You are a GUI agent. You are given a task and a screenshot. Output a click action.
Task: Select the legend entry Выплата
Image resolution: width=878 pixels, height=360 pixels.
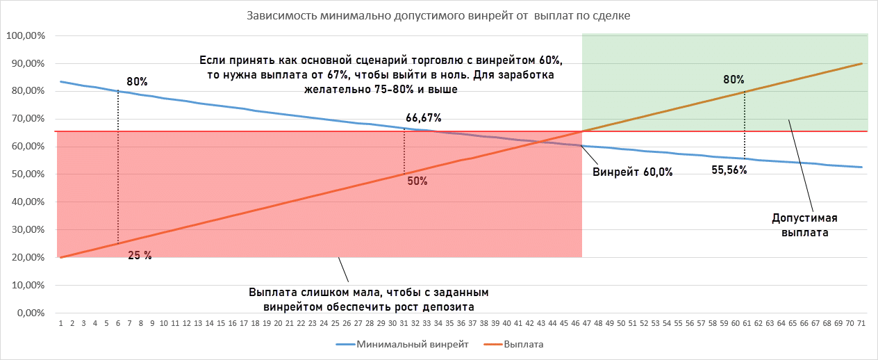(x=522, y=344)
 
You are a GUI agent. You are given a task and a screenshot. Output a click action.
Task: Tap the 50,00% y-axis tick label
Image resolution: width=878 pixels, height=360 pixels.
(x=27, y=174)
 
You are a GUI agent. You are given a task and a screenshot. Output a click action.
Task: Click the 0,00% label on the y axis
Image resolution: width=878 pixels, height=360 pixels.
(x=30, y=313)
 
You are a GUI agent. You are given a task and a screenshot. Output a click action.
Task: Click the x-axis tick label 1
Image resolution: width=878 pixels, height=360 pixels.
(x=61, y=324)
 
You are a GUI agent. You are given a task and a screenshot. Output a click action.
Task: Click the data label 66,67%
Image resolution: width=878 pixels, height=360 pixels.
(x=423, y=117)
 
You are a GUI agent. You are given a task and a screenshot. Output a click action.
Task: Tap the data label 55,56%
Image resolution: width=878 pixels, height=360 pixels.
(x=729, y=170)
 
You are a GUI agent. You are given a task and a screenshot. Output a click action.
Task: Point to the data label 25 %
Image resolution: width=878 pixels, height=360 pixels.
(x=140, y=255)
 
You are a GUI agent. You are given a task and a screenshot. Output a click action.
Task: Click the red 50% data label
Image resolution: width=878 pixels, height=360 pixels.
(x=417, y=181)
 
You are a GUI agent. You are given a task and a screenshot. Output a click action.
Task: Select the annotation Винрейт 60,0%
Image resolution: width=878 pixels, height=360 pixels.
(x=632, y=172)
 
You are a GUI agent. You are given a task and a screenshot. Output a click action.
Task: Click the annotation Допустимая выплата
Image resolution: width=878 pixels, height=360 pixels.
(x=804, y=226)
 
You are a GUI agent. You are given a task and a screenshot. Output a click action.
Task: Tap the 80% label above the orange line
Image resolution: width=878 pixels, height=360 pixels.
(x=734, y=79)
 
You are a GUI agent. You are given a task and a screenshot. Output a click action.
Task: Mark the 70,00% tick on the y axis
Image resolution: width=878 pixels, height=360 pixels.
(x=27, y=119)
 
